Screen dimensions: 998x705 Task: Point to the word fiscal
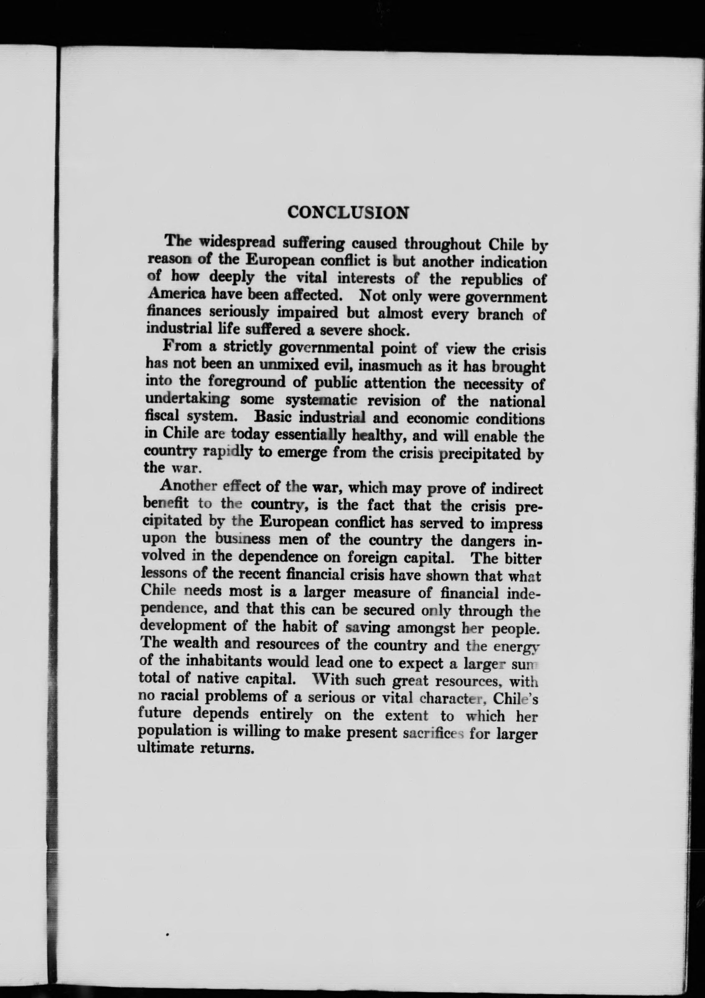click(161, 416)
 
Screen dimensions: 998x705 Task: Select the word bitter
click(523, 558)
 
